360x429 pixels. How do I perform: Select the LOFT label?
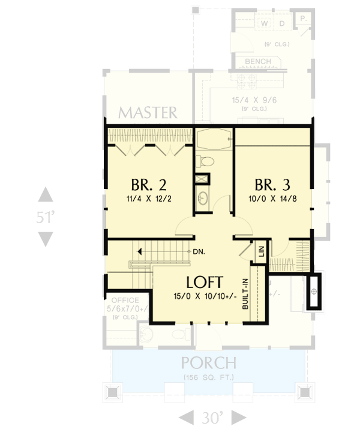tap(205, 282)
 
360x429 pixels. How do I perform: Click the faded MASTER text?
tap(147, 113)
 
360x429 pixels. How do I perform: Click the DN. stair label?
tap(199, 252)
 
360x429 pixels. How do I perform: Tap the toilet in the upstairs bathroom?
tap(205, 161)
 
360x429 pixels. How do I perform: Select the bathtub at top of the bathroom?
tap(214, 140)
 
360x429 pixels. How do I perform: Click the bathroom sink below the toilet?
tap(202, 197)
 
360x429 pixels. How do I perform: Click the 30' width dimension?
tap(213, 417)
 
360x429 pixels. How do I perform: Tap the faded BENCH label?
tap(258, 62)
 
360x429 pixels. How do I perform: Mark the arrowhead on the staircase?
tap(139, 252)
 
